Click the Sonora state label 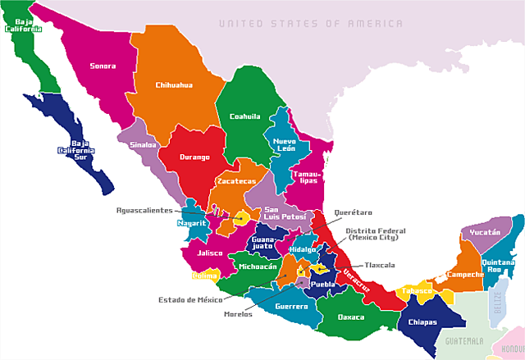(103, 66)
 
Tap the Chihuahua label (174, 84)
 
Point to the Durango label (195, 157)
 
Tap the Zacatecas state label (236, 181)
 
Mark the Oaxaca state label (351, 317)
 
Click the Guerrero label (291, 306)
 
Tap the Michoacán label (258, 267)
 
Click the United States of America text (311, 24)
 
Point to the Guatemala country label (459, 339)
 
